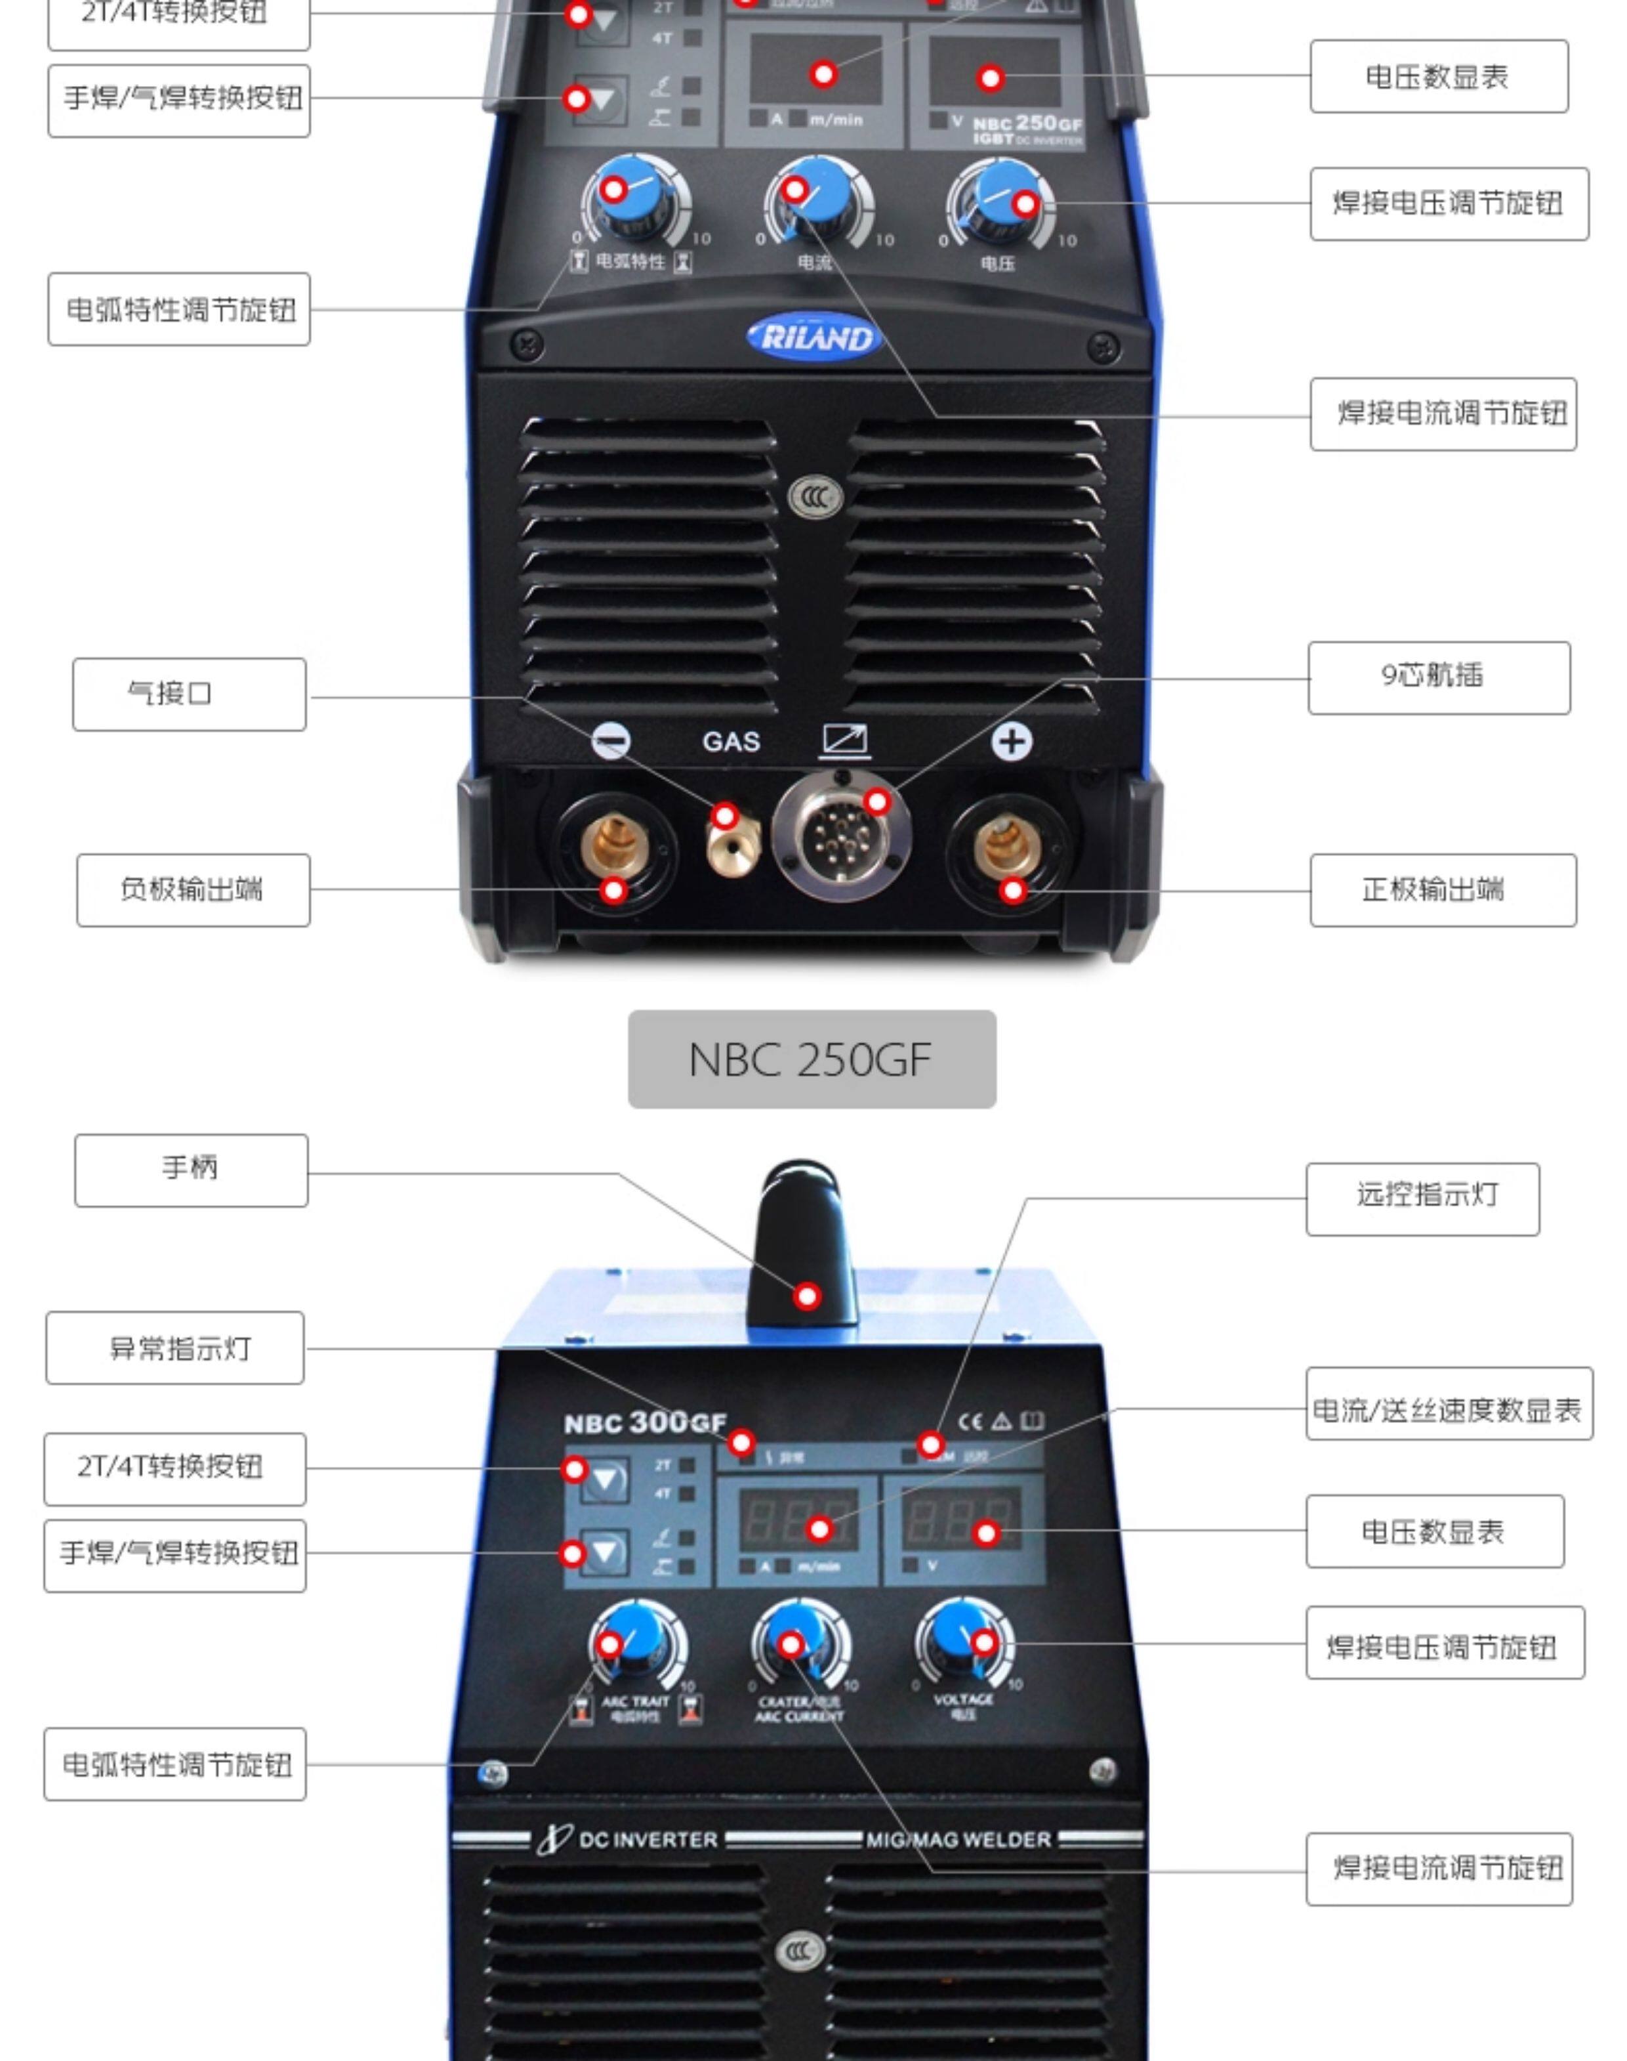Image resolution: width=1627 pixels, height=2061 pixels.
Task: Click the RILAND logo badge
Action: (813, 338)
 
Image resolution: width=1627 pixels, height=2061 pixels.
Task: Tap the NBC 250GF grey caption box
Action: (812, 1059)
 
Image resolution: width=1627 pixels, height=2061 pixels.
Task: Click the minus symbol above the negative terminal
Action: (611, 740)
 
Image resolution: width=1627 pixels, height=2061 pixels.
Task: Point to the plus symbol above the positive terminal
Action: (1011, 741)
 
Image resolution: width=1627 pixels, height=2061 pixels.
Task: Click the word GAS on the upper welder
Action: (731, 741)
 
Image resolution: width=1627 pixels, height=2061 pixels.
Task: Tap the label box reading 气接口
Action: (188, 694)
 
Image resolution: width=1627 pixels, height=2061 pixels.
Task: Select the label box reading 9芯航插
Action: (1439, 677)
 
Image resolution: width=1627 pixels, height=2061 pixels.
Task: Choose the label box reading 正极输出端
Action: (1442, 890)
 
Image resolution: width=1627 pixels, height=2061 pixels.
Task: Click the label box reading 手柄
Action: (190, 1170)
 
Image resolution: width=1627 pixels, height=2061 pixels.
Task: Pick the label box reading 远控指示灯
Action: (1422, 1199)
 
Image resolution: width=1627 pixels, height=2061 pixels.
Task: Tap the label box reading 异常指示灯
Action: (175, 1348)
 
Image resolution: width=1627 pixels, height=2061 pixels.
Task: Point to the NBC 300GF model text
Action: (645, 1422)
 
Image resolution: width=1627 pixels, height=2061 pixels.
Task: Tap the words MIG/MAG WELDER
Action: (958, 1839)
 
